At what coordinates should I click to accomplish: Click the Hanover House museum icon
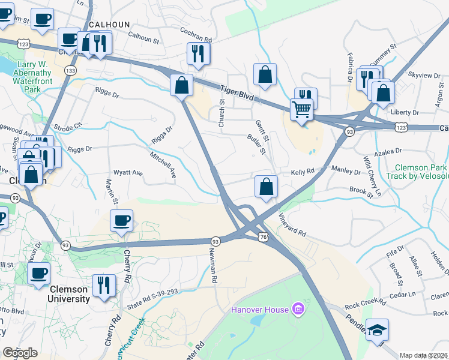pyautogui.click(x=297, y=310)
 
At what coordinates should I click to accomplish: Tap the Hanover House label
pyautogui.click(x=261, y=310)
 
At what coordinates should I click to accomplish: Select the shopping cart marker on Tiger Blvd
pyautogui.click(x=302, y=109)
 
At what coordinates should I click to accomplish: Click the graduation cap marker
pyautogui.click(x=378, y=330)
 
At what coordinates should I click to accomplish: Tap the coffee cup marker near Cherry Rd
pyautogui.click(x=122, y=220)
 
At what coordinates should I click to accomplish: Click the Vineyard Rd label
pyautogui.click(x=292, y=224)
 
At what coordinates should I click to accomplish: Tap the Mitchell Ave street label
pyautogui.click(x=163, y=164)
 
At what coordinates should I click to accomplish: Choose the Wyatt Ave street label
pyautogui.click(x=128, y=173)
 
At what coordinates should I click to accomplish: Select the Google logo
pyautogui.click(x=20, y=352)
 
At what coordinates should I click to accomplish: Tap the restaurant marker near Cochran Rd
pyautogui.click(x=196, y=53)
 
